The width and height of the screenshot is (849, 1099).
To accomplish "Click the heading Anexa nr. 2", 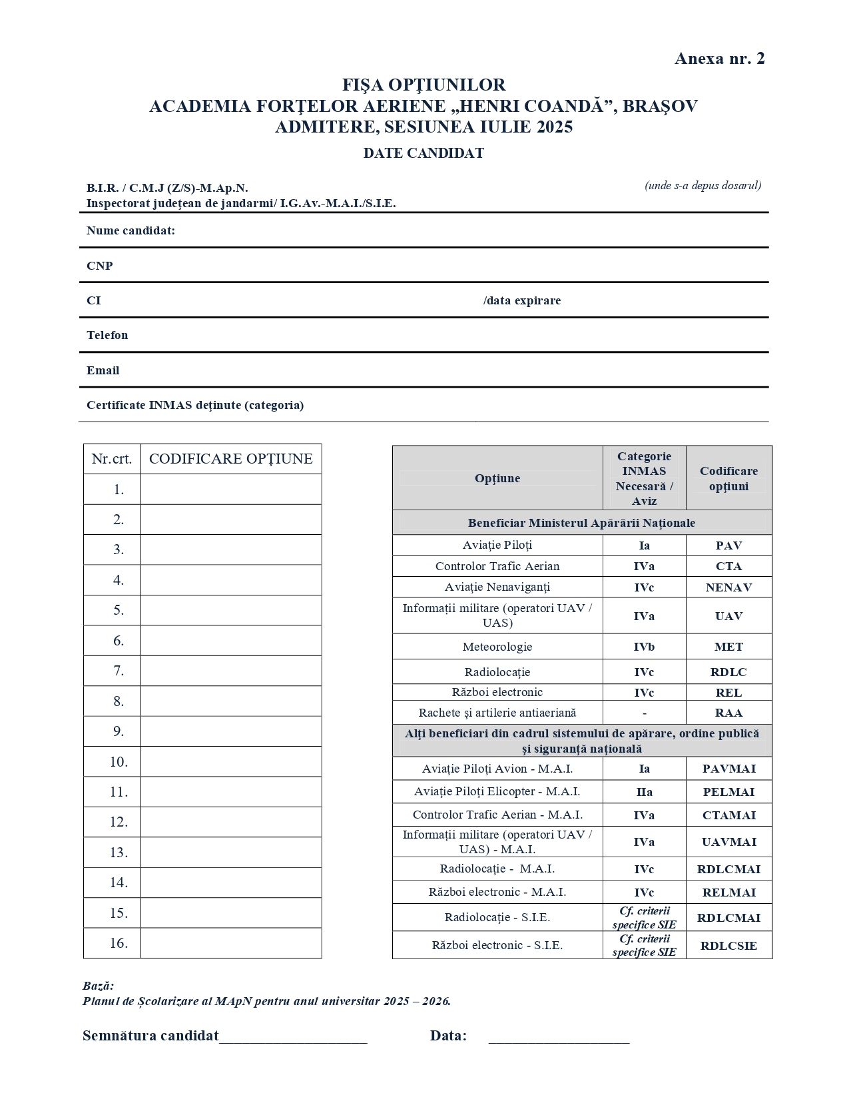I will click(x=719, y=59).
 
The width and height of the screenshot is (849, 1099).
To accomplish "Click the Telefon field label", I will click(x=107, y=335).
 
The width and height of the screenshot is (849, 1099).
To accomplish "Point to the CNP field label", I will click(x=100, y=266).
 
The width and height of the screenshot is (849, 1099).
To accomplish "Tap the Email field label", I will click(x=103, y=370).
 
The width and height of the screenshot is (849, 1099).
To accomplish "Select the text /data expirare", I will click(x=522, y=300).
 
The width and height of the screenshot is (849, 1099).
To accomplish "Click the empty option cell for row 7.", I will click(x=230, y=671).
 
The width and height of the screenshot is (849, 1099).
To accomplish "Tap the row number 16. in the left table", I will click(x=119, y=943).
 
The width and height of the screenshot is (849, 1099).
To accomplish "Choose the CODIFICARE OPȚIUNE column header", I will click(x=230, y=459).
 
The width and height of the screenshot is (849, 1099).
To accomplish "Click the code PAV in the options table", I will click(x=728, y=546).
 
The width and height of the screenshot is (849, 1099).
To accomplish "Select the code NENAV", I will click(x=728, y=587).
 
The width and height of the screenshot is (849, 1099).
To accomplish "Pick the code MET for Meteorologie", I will click(x=728, y=647).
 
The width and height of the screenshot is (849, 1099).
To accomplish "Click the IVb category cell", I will click(x=644, y=647).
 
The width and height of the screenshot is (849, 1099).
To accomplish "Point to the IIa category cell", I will click(x=644, y=792).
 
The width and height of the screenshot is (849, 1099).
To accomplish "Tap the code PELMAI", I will click(x=728, y=792).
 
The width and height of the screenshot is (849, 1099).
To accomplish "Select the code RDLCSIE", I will click(x=728, y=946).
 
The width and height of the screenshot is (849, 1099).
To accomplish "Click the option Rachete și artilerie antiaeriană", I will click(x=497, y=713).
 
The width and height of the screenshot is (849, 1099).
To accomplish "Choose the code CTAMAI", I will click(x=728, y=815).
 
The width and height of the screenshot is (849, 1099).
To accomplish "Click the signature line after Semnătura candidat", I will click(x=293, y=1038).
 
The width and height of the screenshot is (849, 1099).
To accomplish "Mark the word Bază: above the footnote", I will click(x=99, y=986).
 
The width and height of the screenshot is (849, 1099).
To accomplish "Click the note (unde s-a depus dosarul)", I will click(x=703, y=186).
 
